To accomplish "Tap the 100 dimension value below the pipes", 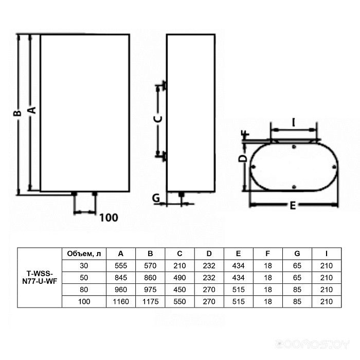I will [x=109, y=218].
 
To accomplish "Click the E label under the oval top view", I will [x=292, y=206].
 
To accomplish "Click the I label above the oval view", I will [x=293, y=122].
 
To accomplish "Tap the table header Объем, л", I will [x=84, y=253].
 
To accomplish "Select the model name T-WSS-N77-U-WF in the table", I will [x=40, y=278].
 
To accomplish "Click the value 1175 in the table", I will [x=150, y=301].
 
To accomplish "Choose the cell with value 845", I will [x=121, y=278].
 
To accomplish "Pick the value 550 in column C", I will [x=180, y=301].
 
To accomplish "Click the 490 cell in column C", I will [x=180, y=278].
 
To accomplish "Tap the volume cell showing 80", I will [x=84, y=290].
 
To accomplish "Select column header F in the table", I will [x=268, y=253].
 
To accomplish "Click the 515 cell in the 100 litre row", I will [x=239, y=301].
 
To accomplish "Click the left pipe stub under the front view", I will [x=75, y=194].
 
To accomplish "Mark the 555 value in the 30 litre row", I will [x=121, y=265].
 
